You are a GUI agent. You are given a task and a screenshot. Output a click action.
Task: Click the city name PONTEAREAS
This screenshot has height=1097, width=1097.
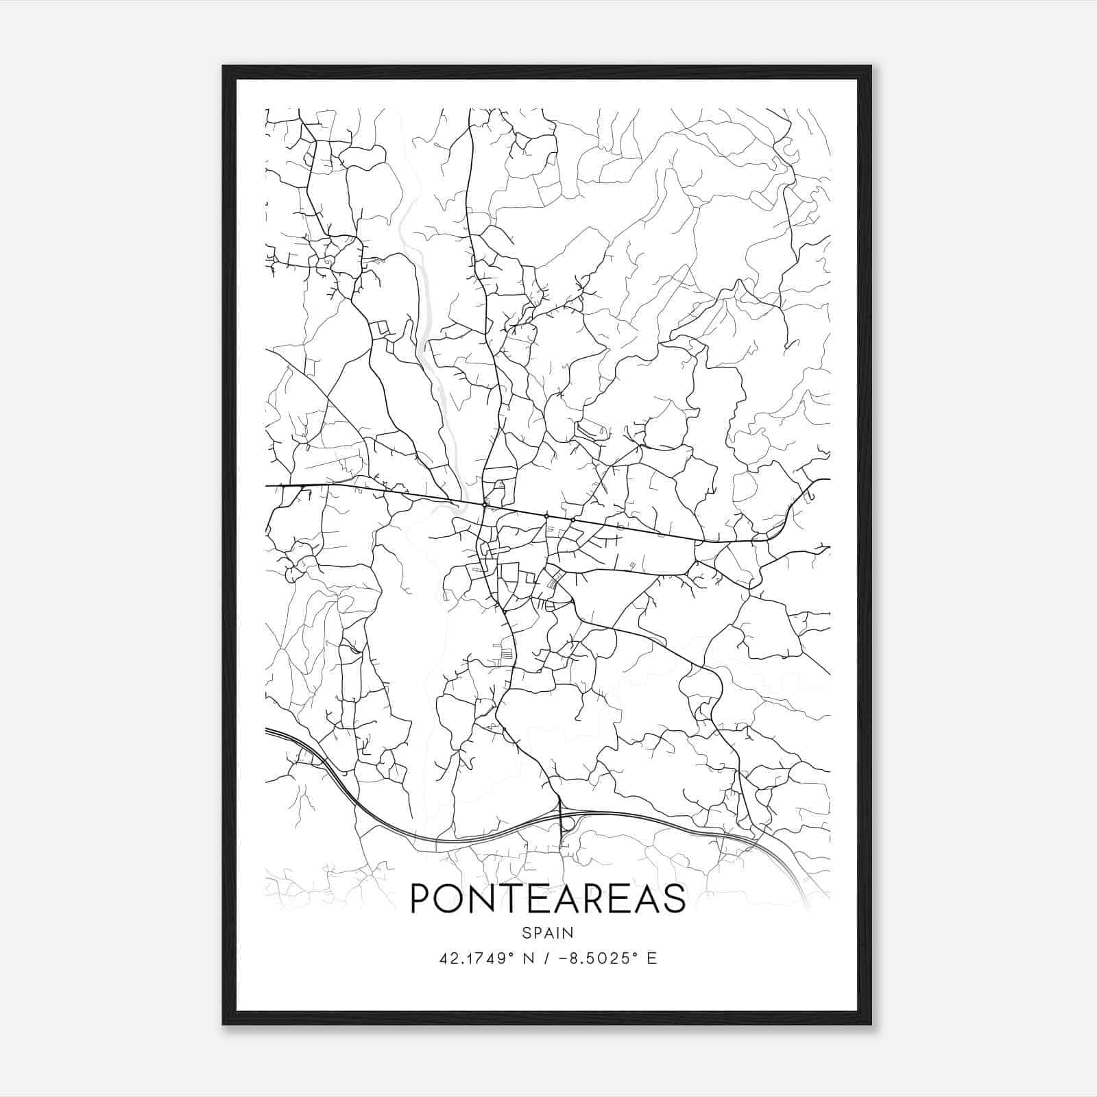point(548,898)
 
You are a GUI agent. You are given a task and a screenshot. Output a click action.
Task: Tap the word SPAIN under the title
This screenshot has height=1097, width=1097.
point(548,932)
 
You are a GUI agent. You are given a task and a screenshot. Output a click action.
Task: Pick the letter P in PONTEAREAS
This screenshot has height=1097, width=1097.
point(420,898)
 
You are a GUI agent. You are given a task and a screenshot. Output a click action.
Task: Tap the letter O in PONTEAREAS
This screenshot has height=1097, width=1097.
point(453,898)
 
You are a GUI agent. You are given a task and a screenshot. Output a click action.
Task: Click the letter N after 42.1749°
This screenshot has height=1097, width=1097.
point(528,958)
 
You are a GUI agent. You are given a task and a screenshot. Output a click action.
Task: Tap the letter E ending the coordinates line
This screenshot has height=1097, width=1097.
point(651,958)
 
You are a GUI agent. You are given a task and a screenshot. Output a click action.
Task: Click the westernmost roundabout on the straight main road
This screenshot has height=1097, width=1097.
point(485,505)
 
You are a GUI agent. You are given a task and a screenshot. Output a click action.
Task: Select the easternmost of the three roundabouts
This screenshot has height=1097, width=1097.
point(572,520)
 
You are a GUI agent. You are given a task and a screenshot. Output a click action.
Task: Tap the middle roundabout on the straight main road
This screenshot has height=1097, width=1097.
point(546,516)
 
